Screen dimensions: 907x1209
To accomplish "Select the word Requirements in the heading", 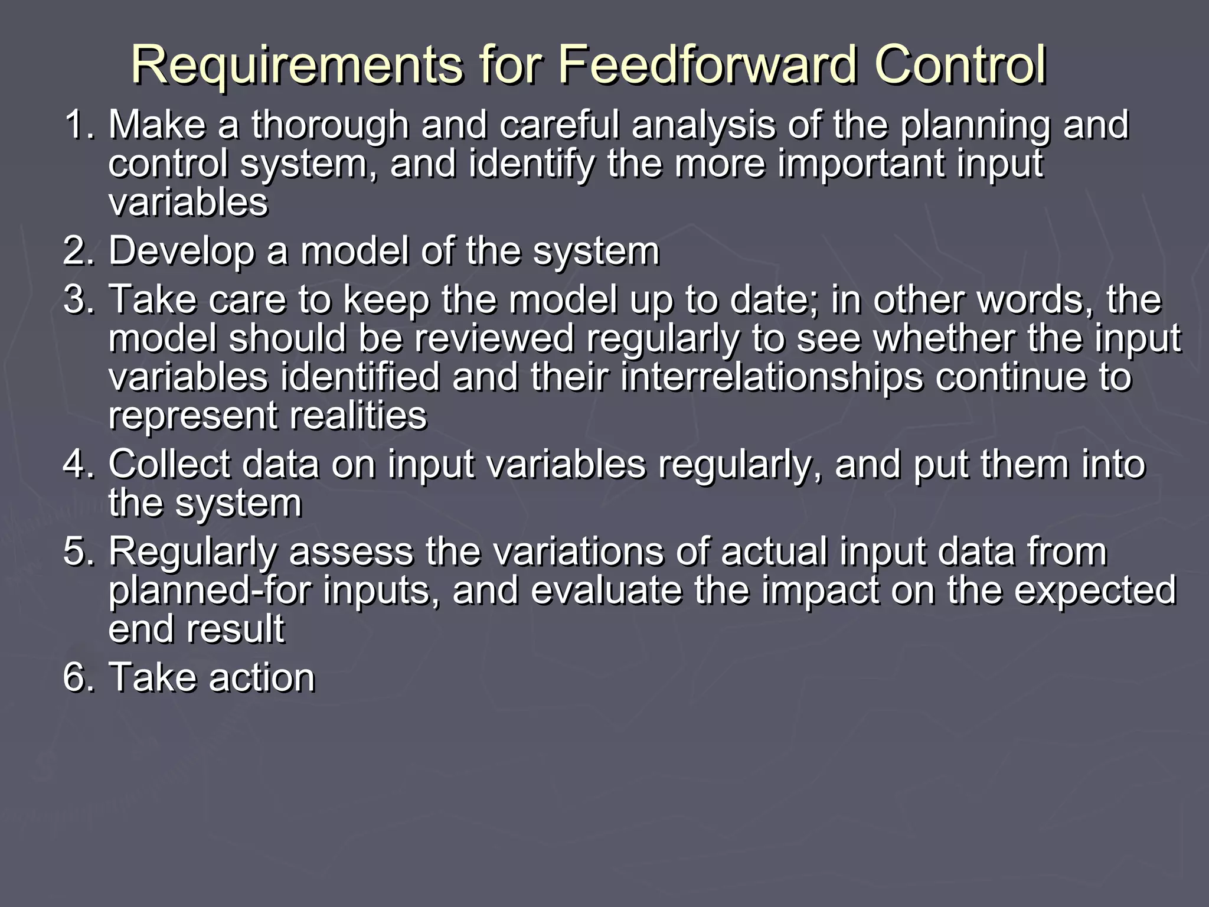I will coord(297,65).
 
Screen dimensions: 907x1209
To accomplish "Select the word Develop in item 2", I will coord(181,252).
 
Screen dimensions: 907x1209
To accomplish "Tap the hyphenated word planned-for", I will coord(210,590).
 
